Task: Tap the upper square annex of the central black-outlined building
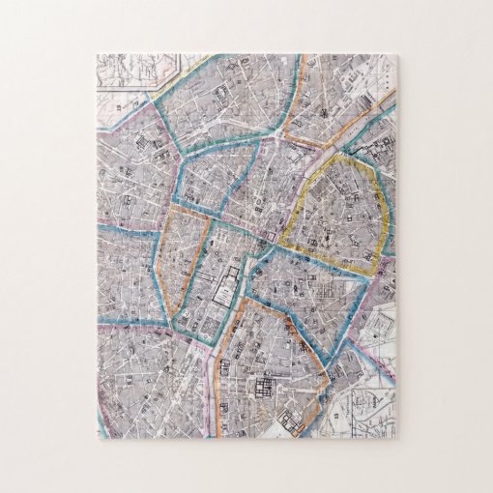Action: tap(232, 272)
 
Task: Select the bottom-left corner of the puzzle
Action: tap(98, 436)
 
